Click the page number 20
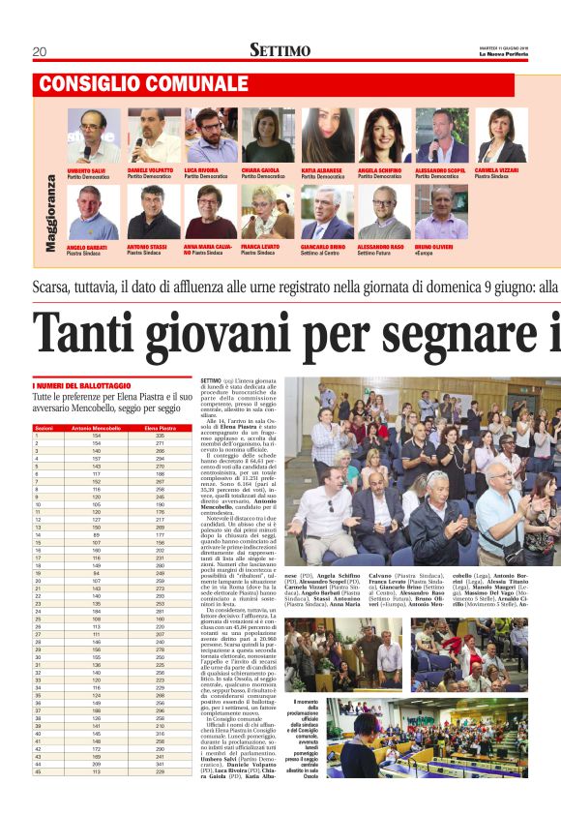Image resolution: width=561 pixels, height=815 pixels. click(x=39, y=51)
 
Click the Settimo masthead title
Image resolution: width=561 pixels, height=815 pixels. click(x=280, y=50)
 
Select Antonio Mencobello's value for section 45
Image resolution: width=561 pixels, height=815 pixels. click(x=96, y=771)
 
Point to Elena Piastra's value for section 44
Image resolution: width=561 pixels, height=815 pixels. click(x=160, y=764)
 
